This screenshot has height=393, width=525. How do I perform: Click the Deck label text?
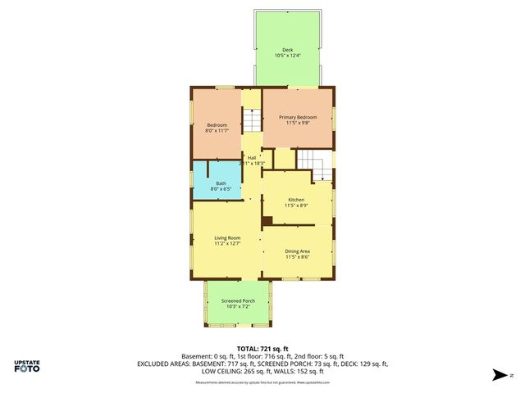point(288,49)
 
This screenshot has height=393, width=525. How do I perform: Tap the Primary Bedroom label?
point(297,117)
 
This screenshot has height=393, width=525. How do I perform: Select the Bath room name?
point(221,183)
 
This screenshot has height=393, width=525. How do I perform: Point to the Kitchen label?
point(296,200)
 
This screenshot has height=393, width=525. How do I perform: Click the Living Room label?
point(227,237)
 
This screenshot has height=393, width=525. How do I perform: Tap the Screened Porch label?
point(238,300)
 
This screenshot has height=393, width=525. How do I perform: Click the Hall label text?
point(253,157)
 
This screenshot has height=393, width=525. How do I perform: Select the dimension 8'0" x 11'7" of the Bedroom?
point(217,130)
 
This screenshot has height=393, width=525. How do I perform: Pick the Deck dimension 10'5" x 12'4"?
point(288,56)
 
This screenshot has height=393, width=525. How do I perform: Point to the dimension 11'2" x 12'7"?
point(227,243)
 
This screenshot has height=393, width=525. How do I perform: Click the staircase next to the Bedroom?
point(252,123)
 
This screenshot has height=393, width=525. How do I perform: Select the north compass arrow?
point(499,376)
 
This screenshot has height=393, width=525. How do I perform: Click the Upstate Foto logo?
point(27,367)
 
